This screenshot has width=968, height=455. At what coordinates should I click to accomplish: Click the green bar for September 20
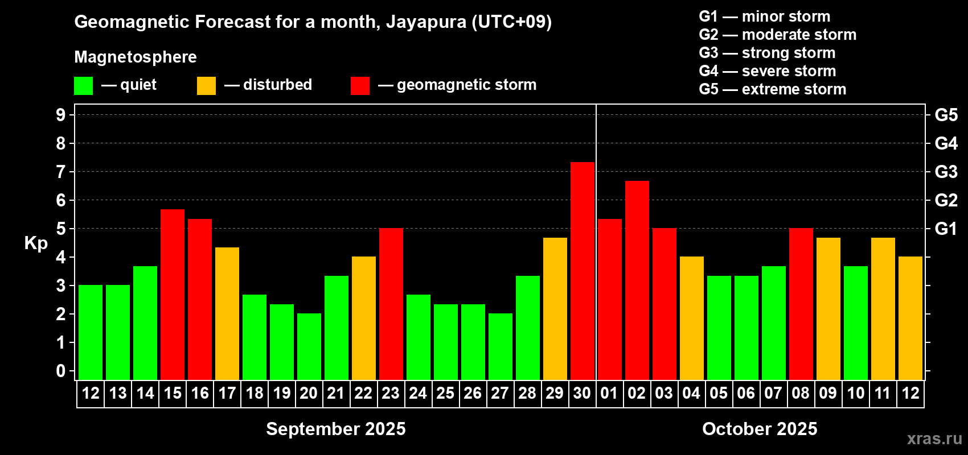(309, 346)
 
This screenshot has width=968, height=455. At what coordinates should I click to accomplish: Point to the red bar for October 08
(801, 304)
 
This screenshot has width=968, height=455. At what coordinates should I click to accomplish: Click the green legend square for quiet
(84, 86)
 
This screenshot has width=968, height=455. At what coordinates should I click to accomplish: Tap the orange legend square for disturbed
(206, 86)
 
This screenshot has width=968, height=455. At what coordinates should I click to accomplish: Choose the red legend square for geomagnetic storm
(360, 86)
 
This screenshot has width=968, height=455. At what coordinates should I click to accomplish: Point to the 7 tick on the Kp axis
(61, 172)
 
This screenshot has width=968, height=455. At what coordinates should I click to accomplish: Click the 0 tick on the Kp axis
(61, 371)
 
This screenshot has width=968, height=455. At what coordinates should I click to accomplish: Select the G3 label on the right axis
(946, 172)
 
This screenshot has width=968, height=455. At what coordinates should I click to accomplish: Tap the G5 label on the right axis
(946, 115)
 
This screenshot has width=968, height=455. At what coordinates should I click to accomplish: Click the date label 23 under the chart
(391, 394)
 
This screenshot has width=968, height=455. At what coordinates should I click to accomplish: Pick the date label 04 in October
(691, 394)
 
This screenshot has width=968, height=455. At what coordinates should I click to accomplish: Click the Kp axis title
(36, 243)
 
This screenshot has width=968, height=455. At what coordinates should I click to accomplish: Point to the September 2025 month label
(336, 429)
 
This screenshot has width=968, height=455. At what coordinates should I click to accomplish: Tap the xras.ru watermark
(934, 438)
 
